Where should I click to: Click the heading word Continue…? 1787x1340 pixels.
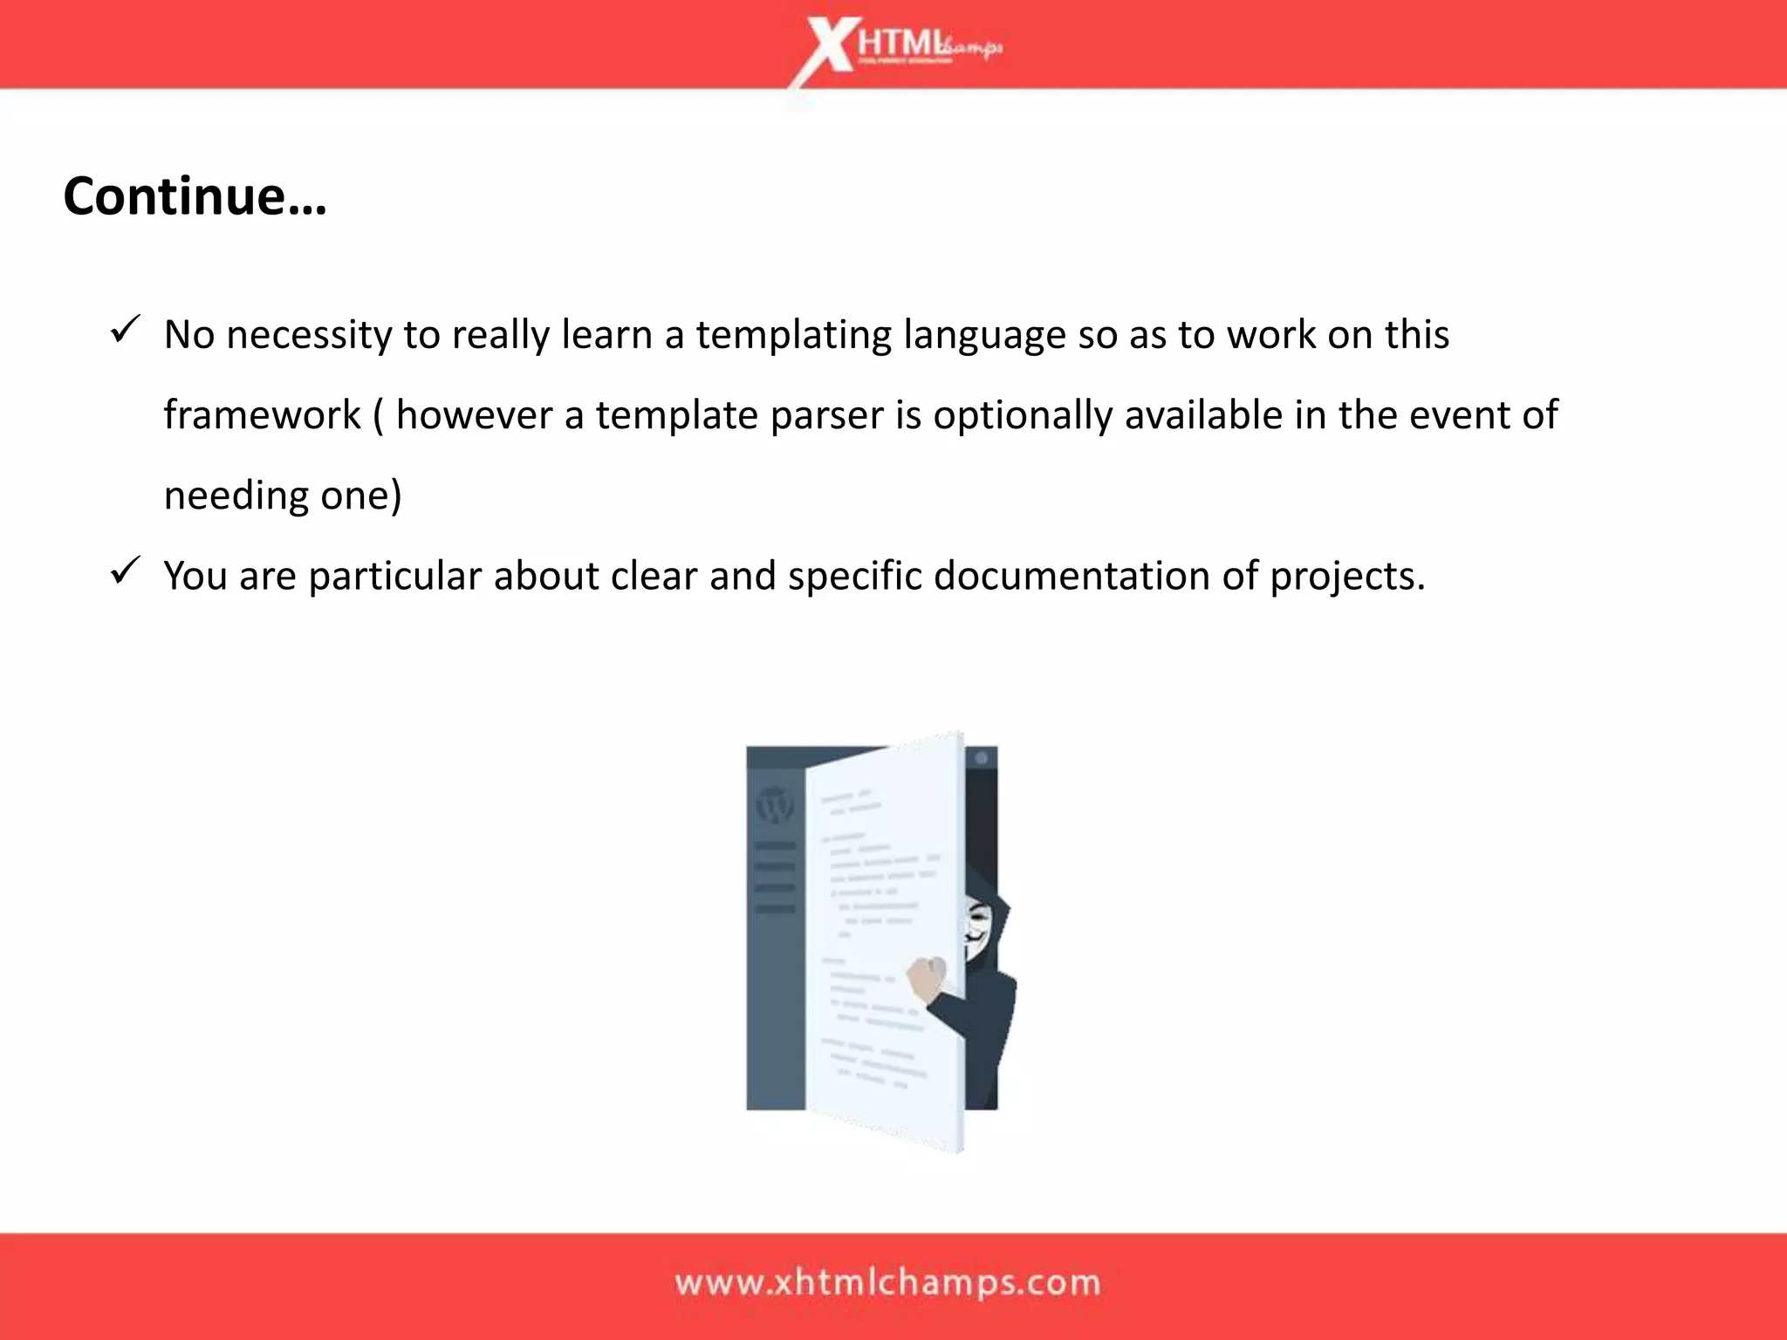195,196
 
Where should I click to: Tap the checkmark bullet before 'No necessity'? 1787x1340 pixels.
126,331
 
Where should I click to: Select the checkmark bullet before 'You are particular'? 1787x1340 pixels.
126,571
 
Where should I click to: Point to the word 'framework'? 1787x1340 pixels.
262,415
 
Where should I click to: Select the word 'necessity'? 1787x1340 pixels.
309,336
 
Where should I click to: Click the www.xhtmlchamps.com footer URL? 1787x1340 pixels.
887,1283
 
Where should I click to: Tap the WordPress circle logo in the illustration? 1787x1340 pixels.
774,805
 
